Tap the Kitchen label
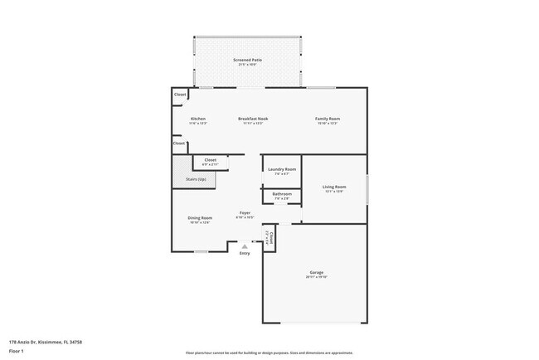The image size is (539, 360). pyautogui.click(x=198, y=119)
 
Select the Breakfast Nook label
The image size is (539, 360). pyautogui.click(x=253, y=119)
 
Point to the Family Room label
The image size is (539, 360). pyautogui.click(x=328, y=119)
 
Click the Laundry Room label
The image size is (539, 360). pyautogui.click(x=281, y=169)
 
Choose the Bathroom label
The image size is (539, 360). pyautogui.click(x=281, y=194)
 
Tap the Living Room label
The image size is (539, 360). pyautogui.click(x=334, y=187)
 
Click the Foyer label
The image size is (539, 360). pyautogui.click(x=245, y=213)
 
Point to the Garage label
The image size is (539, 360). pyautogui.click(x=316, y=272)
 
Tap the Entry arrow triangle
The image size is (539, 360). pyautogui.click(x=245, y=246)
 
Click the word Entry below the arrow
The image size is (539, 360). pyautogui.click(x=245, y=253)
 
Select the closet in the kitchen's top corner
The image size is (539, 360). pyautogui.click(x=180, y=95)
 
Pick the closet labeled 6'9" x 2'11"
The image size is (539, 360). pyautogui.click(x=211, y=160)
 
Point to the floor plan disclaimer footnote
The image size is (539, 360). pyautogui.click(x=269, y=353)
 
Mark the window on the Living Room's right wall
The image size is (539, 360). pyautogui.click(x=367, y=190)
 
